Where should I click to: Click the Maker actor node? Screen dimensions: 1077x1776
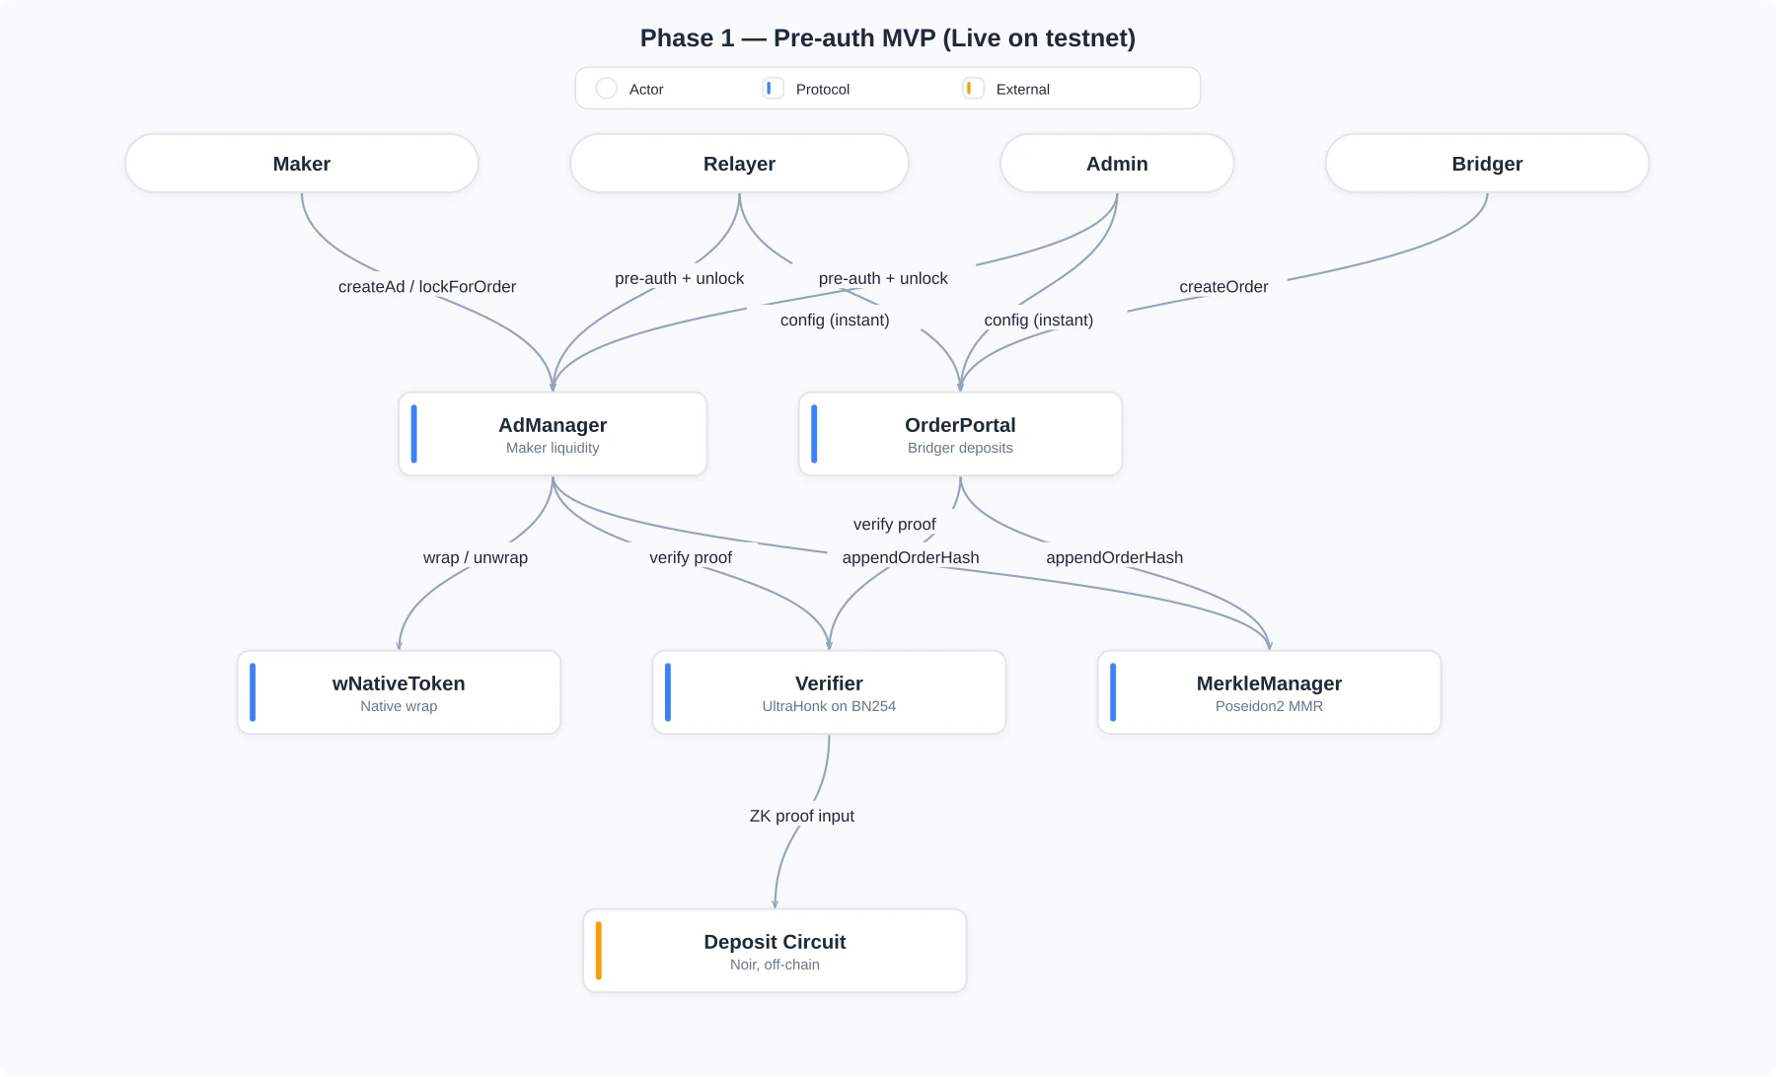[x=301, y=164]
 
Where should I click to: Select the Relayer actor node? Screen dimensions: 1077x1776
[x=739, y=164]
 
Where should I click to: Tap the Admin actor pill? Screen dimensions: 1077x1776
[x=1116, y=164]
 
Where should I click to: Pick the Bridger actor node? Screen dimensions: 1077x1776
[x=1486, y=164]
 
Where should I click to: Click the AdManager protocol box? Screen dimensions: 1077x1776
[x=553, y=434]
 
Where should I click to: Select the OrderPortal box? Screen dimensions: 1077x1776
[x=959, y=434]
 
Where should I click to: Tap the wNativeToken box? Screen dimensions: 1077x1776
[x=399, y=692]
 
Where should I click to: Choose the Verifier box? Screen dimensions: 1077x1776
[x=829, y=692]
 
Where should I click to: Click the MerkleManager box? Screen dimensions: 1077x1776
[x=1269, y=692]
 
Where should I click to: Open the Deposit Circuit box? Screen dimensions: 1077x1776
[x=775, y=951]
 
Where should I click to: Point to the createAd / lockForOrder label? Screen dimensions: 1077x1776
[x=426, y=287]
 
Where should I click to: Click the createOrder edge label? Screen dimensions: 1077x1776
[x=1223, y=287]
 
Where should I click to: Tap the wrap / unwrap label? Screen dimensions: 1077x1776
[x=476, y=558]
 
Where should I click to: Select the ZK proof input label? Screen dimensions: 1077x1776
[x=801, y=817]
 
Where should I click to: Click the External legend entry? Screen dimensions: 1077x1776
[x=1022, y=89]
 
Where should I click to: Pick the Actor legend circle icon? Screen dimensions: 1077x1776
[x=607, y=89]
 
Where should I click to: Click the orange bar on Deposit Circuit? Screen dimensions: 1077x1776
[x=599, y=951]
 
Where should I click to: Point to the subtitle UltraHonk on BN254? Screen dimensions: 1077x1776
[x=829, y=706]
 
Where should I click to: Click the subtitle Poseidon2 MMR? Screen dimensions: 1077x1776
[x=1269, y=706]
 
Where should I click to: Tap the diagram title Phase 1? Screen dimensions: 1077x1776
[x=887, y=38]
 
